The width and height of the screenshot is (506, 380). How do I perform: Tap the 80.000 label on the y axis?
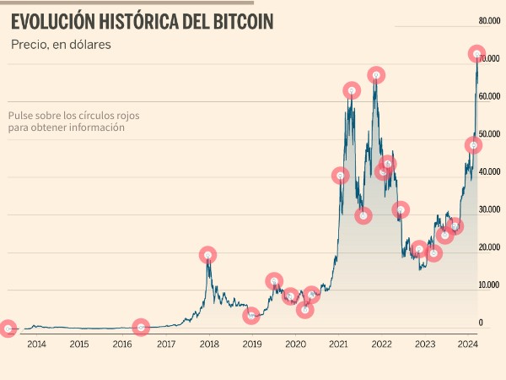coord(490,20)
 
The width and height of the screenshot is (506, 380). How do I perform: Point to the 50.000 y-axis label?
coord(490,134)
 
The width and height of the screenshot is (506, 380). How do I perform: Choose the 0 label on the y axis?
coord(481,323)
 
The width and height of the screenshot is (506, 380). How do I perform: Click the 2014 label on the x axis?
coord(36,344)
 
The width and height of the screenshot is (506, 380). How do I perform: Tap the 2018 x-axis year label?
coord(209,344)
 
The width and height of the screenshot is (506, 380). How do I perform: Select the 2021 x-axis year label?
coord(338,344)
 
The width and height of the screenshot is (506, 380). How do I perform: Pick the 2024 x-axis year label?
coord(467,344)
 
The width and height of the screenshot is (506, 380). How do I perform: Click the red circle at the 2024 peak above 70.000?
coord(476,54)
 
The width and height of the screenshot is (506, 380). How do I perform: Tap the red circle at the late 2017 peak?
coord(207,254)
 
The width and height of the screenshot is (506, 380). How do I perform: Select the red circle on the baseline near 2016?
coord(141,327)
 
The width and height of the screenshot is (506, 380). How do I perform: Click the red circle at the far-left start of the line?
coord(8,328)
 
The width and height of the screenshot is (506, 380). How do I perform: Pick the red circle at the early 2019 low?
coord(251,316)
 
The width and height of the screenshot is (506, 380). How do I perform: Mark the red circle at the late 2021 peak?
coord(376,74)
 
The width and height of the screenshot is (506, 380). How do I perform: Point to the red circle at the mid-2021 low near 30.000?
coord(363,215)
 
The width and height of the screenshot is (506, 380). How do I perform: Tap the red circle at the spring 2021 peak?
coord(352,90)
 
